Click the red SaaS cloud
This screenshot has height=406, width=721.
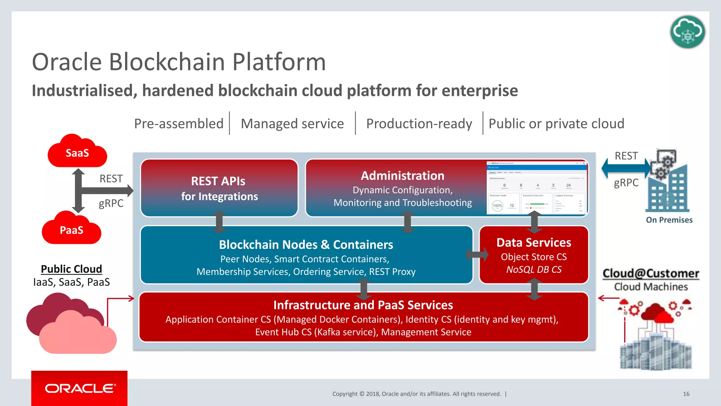tap(77, 153)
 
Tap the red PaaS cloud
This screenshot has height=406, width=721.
tap(71, 229)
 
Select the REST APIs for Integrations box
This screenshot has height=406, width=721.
tap(219, 188)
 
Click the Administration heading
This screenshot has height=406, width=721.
tap(402, 176)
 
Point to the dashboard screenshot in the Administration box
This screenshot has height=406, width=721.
tap(537, 187)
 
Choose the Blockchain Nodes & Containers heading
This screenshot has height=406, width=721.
tap(306, 245)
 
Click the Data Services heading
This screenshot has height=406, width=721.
tap(534, 242)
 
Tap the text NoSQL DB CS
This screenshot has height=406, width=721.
tap(534, 270)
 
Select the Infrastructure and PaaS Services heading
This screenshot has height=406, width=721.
tap(363, 305)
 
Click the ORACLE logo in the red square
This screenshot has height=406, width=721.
tap(80, 388)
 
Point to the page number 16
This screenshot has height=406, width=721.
tap(686, 394)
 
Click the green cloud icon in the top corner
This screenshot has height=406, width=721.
tap(687, 32)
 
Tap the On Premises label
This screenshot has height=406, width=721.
tap(669, 220)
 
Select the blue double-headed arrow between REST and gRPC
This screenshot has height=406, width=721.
tap(626, 168)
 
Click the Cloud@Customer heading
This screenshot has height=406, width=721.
tap(651, 273)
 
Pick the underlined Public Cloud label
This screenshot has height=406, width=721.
tap(71, 269)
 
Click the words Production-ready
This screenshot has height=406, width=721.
tap(419, 124)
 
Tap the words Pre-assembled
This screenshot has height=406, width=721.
tap(179, 124)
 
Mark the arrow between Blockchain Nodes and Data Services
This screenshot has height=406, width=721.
tap(477, 254)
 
